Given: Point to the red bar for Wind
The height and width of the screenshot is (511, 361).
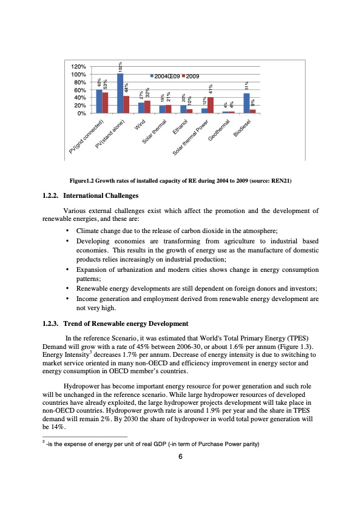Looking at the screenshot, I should pyautogui.click(x=147, y=107).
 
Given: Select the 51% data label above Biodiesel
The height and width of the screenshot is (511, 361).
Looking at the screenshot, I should pyautogui.click(x=246, y=87).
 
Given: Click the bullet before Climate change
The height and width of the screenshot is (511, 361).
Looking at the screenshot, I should pyautogui.click(x=66, y=231).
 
